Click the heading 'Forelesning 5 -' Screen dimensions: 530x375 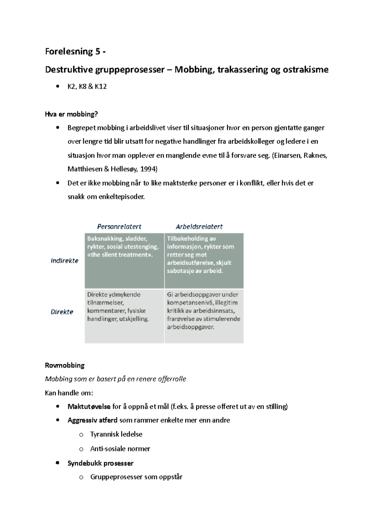coord(75,52)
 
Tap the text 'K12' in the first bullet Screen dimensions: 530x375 coord(101,87)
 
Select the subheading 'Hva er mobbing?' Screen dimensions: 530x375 coord(71,114)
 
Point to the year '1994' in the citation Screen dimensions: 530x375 coord(149,169)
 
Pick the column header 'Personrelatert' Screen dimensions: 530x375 coord(119,227)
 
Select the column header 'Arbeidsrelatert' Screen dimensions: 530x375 coord(199,227)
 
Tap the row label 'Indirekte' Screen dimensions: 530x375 coord(65,261)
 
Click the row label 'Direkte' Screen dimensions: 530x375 coord(62,312)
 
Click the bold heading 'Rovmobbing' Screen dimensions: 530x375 coord(65,365)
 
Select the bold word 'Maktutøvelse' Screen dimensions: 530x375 coord(89,406)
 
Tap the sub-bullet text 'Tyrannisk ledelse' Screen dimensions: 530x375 coord(116,434)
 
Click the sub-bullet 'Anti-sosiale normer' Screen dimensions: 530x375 coord(120,449)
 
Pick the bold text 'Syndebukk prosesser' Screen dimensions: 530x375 coord(100,463)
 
